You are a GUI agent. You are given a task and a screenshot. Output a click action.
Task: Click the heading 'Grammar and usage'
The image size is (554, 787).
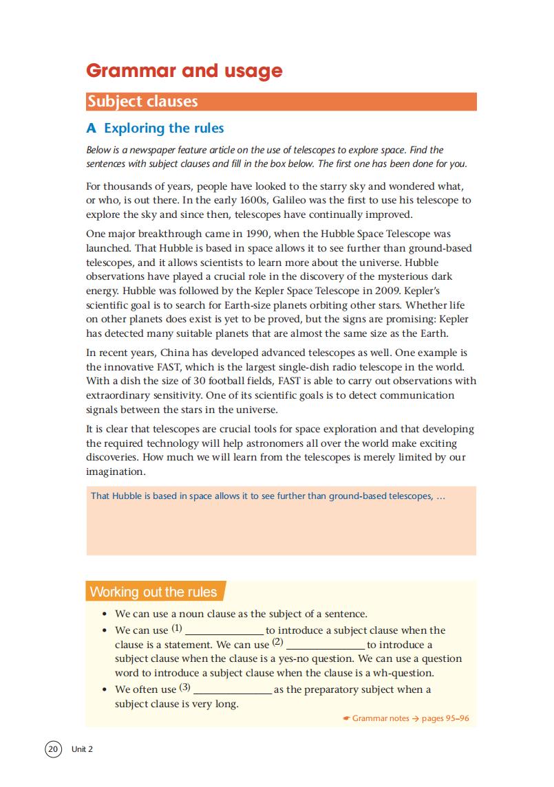pos(184,71)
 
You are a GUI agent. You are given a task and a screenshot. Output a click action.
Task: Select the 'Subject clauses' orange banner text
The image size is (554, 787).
pos(142,102)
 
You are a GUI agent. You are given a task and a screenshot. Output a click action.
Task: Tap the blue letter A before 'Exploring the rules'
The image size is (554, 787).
pos(92,129)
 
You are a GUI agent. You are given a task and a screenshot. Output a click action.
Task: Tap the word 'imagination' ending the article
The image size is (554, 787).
pos(116,472)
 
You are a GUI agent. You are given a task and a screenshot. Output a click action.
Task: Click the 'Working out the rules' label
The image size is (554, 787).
pos(153,592)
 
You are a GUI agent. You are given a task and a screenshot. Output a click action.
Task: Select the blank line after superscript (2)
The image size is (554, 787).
pos(326,647)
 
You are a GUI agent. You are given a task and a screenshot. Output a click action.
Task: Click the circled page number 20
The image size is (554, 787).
pos(53,749)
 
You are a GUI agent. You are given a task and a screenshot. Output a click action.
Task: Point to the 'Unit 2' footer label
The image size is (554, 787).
pos(82,749)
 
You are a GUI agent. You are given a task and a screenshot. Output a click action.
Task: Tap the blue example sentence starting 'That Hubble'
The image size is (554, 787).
pos(268,496)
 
